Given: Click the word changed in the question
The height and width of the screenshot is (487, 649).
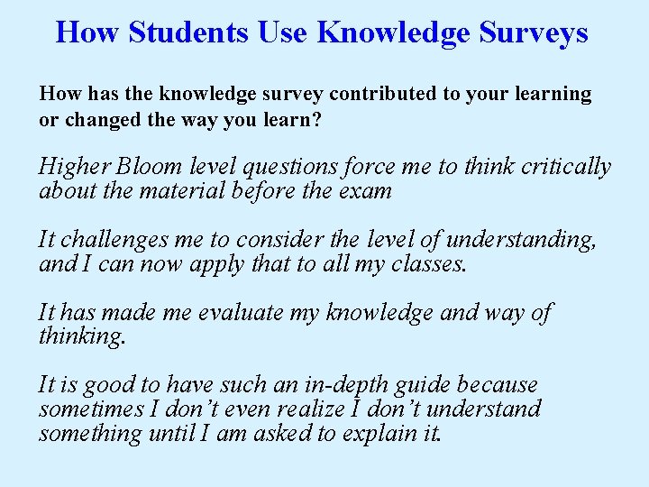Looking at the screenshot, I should tap(98, 119).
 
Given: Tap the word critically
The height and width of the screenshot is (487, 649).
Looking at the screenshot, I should tap(560, 168).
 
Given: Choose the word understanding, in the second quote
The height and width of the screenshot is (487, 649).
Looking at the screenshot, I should tap(521, 240).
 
